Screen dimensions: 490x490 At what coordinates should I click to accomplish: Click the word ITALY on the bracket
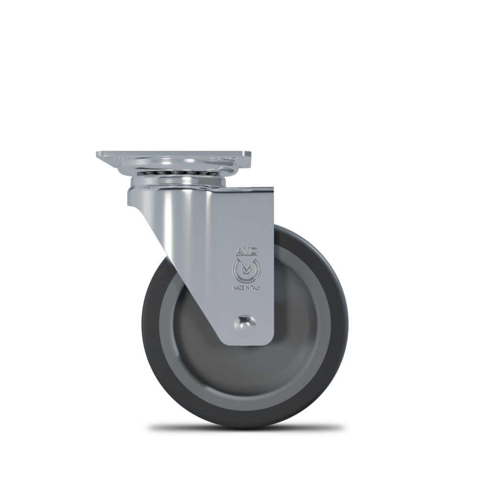[x=255, y=288]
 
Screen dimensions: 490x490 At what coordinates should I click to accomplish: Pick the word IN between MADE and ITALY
[x=247, y=288]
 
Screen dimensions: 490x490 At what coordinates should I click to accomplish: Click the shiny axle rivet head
[x=245, y=325]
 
